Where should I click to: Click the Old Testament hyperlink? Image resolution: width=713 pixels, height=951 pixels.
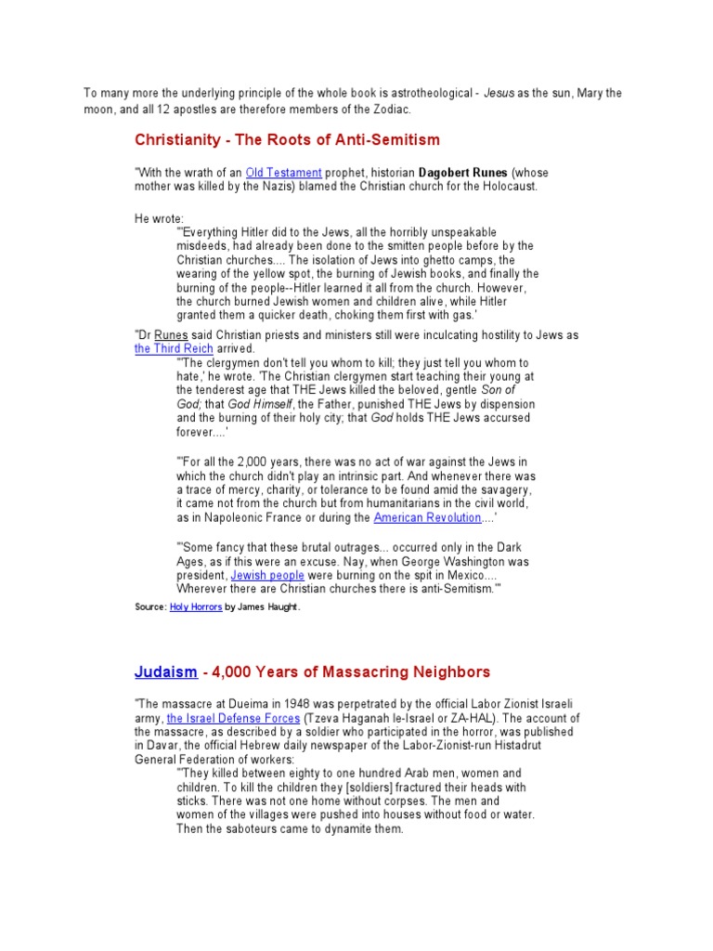284,173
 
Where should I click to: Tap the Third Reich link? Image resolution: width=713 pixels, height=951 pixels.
174,348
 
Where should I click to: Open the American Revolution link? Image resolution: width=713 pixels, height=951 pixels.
427,517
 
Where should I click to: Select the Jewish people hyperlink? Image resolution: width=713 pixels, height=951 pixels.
267,576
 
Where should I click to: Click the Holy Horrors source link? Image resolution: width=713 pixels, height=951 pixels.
195,606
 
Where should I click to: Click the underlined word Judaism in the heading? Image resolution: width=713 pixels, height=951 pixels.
165,671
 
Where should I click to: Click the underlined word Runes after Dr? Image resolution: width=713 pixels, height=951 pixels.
171,335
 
